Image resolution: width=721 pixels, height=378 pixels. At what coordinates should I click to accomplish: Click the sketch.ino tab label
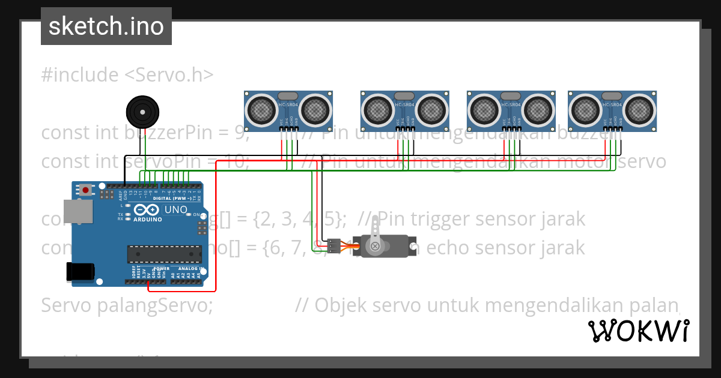(106, 26)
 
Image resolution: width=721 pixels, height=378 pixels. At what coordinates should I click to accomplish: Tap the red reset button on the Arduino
(86, 190)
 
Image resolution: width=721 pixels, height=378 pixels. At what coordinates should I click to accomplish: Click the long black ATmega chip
(163, 254)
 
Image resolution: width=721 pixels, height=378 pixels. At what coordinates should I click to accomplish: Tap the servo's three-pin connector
(334, 245)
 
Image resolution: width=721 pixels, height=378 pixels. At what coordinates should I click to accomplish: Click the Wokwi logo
(638, 331)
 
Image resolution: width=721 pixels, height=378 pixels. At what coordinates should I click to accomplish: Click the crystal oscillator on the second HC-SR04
(404, 96)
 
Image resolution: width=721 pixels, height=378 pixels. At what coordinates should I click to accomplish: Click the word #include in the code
(81, 75)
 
